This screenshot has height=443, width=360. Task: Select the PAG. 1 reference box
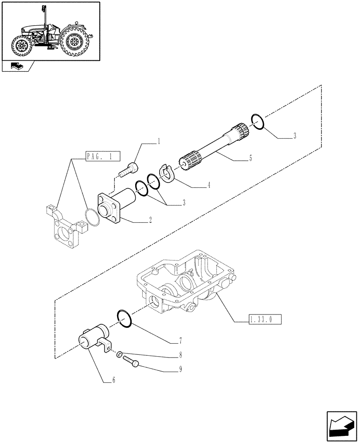(x=98, y=156)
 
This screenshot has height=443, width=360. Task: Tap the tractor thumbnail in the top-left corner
(x=50, y=31)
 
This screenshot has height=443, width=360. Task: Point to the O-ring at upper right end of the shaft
(x=258, y=122)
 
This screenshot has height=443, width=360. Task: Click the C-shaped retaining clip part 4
(x=167, y=173)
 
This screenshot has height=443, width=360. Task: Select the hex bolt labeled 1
(x=129, y=169)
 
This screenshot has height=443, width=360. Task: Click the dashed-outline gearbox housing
(x=186, y=284)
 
